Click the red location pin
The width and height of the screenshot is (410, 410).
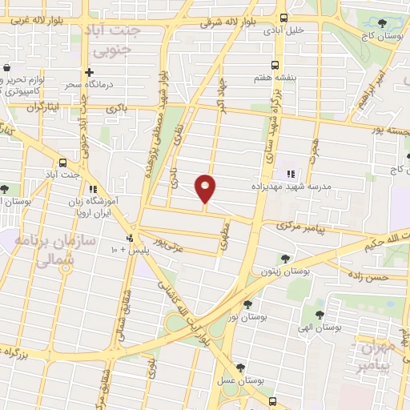point(206,189)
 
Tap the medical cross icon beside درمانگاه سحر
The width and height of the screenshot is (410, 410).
point(90,73)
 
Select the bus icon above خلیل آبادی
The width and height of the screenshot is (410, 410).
point(283,18)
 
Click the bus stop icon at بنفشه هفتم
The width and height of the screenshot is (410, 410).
point(275,65)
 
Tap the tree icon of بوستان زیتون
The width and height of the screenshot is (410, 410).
point(285,258)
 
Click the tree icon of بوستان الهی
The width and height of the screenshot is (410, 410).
point(320,315)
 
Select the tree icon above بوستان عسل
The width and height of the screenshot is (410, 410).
point(251,368)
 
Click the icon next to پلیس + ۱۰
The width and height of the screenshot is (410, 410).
point(130,239)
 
